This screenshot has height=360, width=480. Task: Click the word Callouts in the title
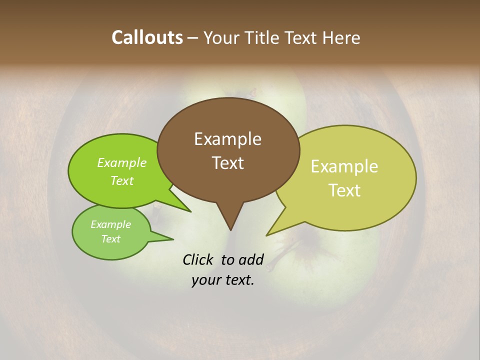[x=147, y=37]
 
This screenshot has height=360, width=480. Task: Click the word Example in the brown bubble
[x=227, y=139]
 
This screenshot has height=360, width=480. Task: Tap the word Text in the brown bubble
[x=227, y=163]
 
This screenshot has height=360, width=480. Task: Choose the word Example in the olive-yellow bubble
[x=344, y=166]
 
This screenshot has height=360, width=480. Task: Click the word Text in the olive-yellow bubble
[x=344, y=190]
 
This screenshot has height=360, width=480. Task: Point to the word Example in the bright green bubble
[x=122, y=162]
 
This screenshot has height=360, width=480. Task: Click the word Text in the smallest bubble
[x=110, y=239]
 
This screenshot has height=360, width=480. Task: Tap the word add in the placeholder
[x=250, y=259]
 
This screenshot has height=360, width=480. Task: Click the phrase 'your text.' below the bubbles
[x=223, y=280]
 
